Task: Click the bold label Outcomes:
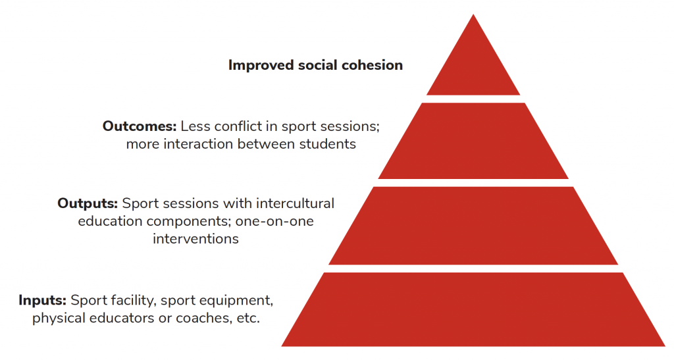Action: coord(140,126)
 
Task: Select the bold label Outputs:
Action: coord(88,203)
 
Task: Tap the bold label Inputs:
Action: coord(43,300)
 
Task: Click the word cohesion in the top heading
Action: coord(372,65)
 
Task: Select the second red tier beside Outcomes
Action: coord(473,140)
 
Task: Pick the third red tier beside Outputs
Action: coord(473,226)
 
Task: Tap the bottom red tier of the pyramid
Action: coord(473,309)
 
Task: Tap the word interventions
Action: coord(195,239)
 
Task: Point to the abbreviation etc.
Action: coord(248,319)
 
